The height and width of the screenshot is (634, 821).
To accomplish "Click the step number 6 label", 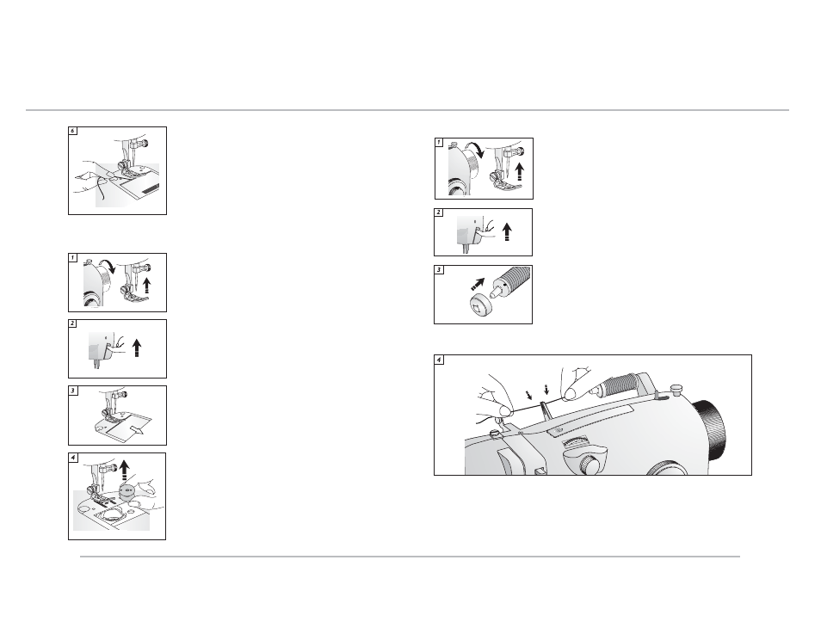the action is pyautogui.click(x=73, y=131).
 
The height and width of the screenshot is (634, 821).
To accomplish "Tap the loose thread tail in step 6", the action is pyautogui.click(x=102, y=188).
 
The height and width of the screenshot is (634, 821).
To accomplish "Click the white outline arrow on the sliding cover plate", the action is pyautogui.click(x=137, y=430).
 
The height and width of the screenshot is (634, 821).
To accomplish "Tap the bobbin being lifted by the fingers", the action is pyautogui.click(x=127, y=491).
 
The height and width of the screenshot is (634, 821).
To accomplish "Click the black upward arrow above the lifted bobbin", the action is pyautogui.click(x=124, y=470).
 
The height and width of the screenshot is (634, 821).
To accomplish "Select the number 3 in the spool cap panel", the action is pyautogui.click(x=439, y=270).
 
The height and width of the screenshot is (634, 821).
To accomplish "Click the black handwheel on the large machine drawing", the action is pyautogui.click(x=711, y=426).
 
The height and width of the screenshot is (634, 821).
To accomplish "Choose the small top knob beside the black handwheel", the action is pyautogui.click(x=677, y=389).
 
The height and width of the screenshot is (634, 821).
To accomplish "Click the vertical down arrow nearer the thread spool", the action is pyautogui.click(x=546, y=390).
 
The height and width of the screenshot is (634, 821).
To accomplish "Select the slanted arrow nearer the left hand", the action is pyautogui.click(x=529, y=395).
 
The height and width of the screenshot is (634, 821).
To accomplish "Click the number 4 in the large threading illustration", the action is pyautogui.click(x=439, y=360).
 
